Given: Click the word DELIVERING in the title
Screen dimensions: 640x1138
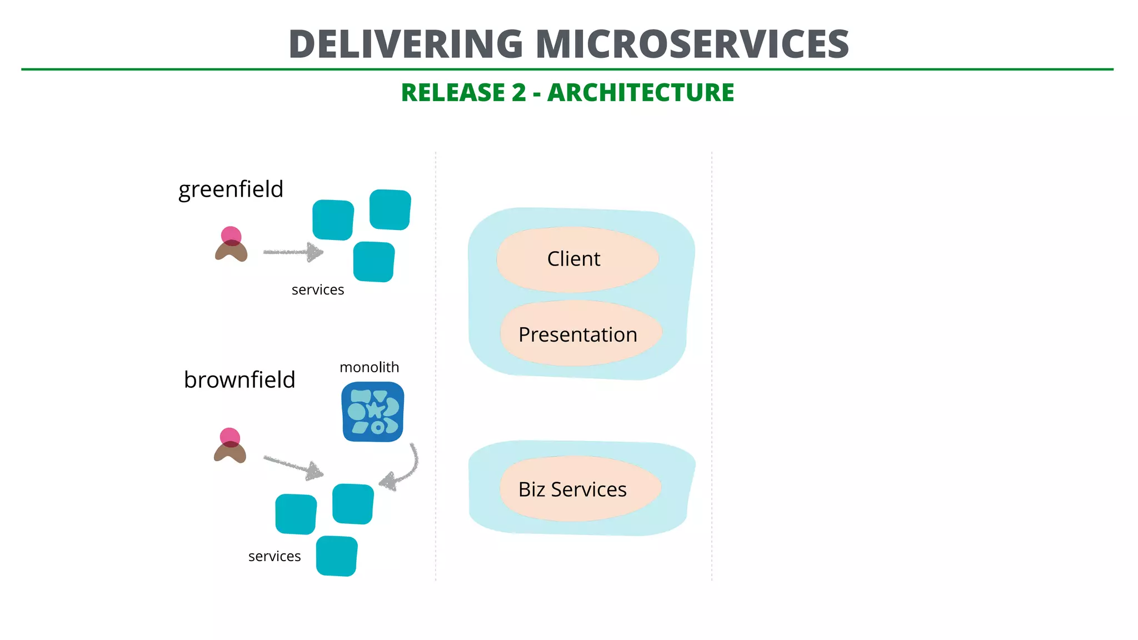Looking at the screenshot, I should [406, 44].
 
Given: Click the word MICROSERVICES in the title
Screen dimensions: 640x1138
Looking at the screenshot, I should [692, 44].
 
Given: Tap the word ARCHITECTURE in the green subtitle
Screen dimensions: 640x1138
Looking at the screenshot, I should [640, 93].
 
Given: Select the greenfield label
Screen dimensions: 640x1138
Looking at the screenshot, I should [231, 189].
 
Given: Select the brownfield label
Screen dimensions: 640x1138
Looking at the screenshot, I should [239, 380].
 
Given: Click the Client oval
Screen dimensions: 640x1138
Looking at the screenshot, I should [577, 259].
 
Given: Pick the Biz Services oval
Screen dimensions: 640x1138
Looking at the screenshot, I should [580, 489].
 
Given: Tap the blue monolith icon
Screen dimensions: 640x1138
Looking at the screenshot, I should [373, 412].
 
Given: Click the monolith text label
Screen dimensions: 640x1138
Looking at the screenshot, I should [369, 367].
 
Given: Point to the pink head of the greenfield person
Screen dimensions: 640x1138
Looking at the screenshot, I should [231, 236].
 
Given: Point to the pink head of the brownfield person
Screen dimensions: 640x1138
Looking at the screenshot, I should [229, 437].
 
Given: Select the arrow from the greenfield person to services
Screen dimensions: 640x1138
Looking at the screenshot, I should [293, 252].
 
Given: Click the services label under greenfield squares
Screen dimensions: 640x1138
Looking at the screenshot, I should [318, 290].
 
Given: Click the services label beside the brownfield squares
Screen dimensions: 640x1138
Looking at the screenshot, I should [274, 557].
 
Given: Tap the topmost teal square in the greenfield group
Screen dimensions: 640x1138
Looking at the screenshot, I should [390, 209].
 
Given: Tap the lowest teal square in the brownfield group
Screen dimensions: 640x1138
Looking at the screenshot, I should [337, 556].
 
